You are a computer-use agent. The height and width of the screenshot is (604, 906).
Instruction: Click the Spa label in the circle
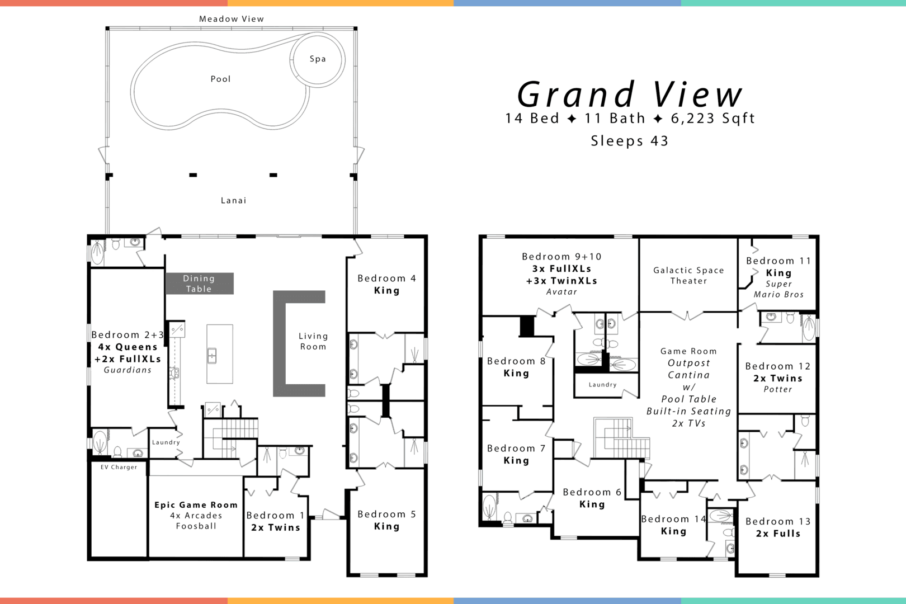point(318,59)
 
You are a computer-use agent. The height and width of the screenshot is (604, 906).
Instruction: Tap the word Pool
point(220,79)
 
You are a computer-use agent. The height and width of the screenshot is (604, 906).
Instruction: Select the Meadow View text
point(232,19)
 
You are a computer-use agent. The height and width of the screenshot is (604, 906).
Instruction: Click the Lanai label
point(233,200)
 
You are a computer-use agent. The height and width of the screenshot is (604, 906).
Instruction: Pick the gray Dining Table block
point(199,284)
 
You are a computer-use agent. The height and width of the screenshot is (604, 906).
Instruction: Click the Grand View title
point(630,95)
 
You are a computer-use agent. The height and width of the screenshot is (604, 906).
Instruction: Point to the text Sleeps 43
point(630,141)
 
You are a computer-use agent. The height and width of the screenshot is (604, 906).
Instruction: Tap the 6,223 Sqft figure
point(713,119)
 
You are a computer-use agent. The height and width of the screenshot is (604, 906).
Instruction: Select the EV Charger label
point(119,467)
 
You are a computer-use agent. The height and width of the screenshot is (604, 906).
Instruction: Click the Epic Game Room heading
point(196,504)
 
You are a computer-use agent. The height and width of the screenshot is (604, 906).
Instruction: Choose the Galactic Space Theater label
point(688,275)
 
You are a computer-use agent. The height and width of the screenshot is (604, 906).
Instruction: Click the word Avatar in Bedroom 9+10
point(561,292)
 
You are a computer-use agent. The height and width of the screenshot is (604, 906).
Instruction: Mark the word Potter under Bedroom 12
point(778,389)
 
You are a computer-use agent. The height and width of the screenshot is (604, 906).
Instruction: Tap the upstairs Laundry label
point(602,385)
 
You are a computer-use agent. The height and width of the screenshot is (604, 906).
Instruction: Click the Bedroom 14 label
point(673,519)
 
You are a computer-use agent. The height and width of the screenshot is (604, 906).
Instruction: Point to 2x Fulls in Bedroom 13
point(778,534)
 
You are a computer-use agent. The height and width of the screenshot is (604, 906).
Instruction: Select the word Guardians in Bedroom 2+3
point(128,370)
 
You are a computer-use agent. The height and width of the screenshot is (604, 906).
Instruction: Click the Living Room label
point(313,341)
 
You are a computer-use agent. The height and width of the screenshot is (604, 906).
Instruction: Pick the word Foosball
point(196,526)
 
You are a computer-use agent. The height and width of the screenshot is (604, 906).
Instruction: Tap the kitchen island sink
point(212,355)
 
